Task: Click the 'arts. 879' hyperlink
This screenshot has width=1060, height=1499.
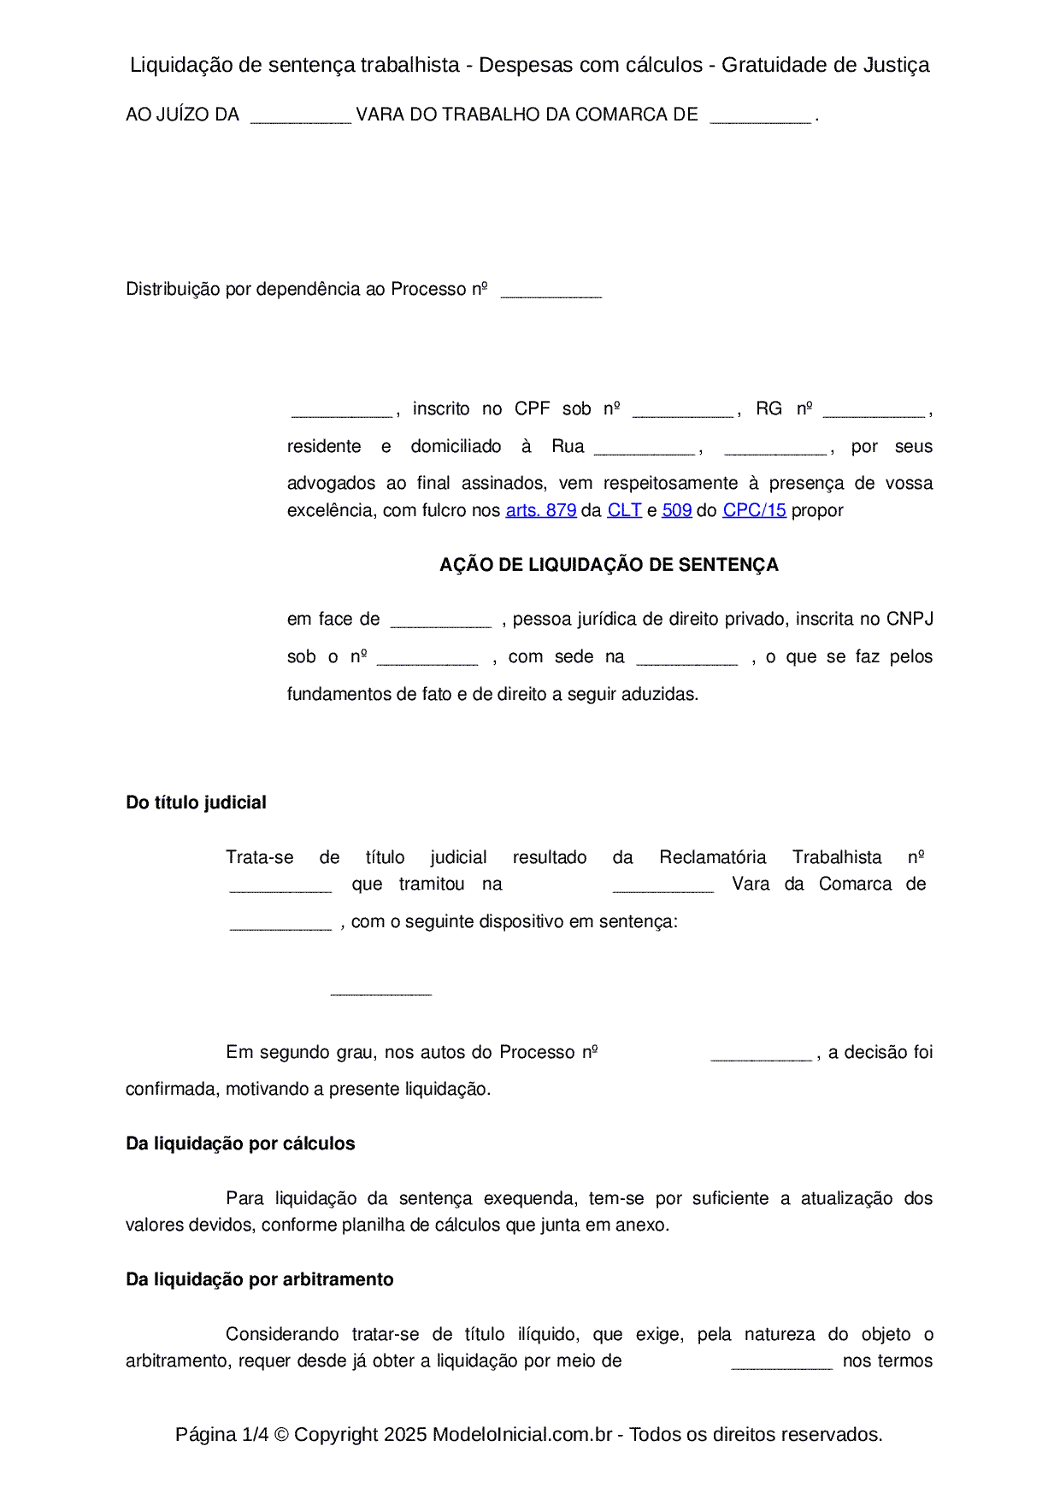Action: coord(541,510)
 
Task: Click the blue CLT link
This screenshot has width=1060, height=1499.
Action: coord(624,510)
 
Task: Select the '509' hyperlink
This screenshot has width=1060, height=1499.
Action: coord(676,510)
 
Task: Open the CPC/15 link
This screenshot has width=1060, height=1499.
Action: coord(754,510)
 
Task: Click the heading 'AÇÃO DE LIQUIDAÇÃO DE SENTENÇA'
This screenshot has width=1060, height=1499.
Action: coord(609,565)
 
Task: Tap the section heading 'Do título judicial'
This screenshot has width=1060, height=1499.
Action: coord(196,802)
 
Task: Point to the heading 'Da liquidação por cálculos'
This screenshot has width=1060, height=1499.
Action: coord(240,1143)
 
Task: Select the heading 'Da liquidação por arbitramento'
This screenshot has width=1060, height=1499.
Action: coord(260,1279)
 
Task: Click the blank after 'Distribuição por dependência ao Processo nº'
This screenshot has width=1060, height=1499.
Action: coord(551,292)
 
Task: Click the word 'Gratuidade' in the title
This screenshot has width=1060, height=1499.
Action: coord(768,65)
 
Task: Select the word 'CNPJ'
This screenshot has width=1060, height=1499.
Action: coord(910,619)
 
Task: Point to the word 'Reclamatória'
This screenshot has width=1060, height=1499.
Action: coord(713,857)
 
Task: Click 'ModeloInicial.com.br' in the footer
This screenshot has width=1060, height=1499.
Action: coord(522,1434)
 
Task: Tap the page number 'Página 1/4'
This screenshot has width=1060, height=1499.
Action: coord(222,1434)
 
